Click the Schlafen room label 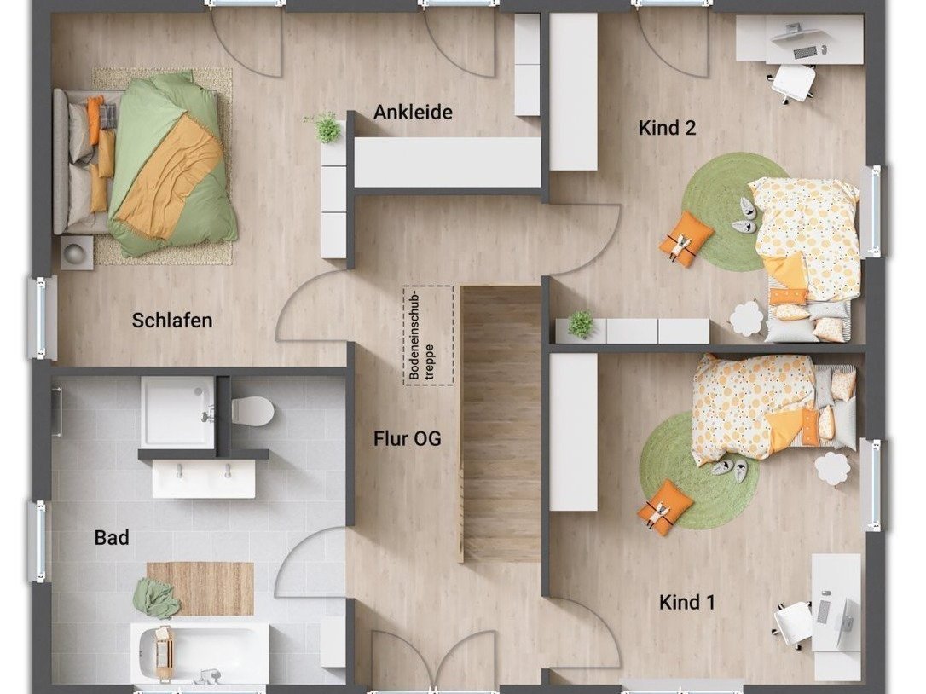[172, 321]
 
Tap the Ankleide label [413, 113]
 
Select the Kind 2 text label [668, 128]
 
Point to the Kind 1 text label [686, 603]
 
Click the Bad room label [112, 538]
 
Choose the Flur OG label [407, 439]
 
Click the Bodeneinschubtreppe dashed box [429, 335]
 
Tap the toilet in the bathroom [252, 410]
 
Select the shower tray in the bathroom [177, 411]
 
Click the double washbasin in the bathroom [204, 478]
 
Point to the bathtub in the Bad [200, 652]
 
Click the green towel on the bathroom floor [157, 598]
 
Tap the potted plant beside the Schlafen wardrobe [324, 128]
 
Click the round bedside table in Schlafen [77, 253]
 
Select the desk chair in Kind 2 [792, 82]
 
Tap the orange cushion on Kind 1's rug [665, 506]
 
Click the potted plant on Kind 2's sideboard [581, 324]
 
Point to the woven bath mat [200, 589]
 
